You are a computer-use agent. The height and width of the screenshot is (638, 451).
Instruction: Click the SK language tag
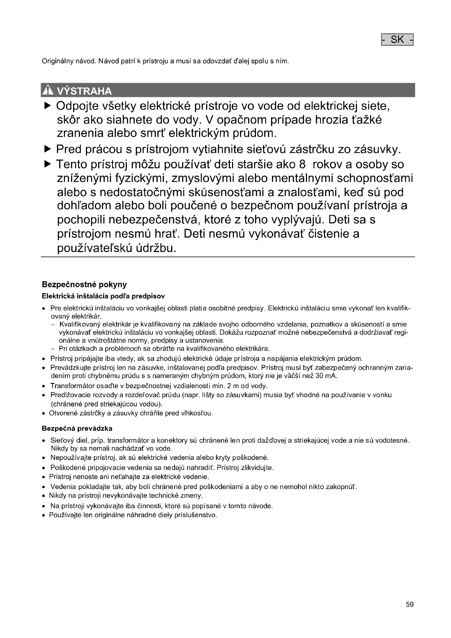click(397, 40)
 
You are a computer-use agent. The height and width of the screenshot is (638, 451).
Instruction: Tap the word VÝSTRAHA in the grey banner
click(84, 91)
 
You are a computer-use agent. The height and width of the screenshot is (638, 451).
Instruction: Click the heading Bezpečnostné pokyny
click(84, 284)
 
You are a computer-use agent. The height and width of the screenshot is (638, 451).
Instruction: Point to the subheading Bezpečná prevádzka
click(77, 428)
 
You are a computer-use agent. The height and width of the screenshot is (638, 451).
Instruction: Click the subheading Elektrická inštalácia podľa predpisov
click(103, 296)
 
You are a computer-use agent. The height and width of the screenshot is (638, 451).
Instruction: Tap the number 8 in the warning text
click(302, 164)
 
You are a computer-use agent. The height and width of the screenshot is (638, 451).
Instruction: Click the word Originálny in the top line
click(56, 61)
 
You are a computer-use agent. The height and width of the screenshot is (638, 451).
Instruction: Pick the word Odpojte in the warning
click(77, 106)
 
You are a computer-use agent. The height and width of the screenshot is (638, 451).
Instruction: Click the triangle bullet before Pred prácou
click(48, 149)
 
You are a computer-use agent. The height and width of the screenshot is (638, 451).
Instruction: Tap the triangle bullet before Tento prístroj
click(48, 164)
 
